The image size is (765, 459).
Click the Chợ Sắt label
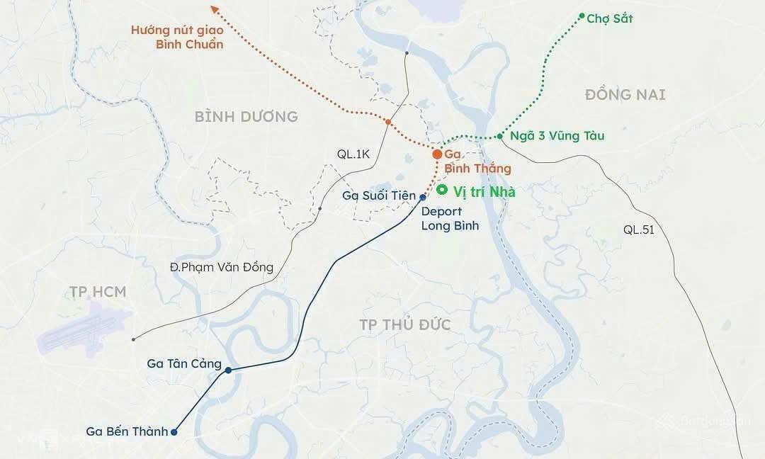(x=609, y=18)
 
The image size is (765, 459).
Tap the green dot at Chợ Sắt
(x=582, y=16)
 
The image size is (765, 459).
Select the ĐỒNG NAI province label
(x=625, y=94)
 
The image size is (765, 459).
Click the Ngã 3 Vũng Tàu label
(x=557, y=135)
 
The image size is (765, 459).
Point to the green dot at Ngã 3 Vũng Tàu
(x=500, y=136)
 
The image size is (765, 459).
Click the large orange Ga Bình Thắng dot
(x=437, y=154)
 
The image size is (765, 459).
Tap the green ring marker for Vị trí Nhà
(x=442, y=190)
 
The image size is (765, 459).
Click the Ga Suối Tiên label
(x=378, y=195)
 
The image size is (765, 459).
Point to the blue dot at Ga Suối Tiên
(x=422, y=197)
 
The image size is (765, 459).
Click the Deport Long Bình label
(x=450, y=219)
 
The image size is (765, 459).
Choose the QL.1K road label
(x=353, y=154)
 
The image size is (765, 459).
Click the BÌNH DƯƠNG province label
(x=246, y=116)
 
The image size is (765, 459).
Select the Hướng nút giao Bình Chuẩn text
(x=178, y=37)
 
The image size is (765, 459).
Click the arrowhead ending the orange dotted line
(x=215, y=8)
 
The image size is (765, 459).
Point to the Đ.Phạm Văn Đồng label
(x=222, y=267)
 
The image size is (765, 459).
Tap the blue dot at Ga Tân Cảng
(x=227, y=370)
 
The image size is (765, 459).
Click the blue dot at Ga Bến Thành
(x=174, y=431)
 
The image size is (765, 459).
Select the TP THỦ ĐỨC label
(x=404, y=325)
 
